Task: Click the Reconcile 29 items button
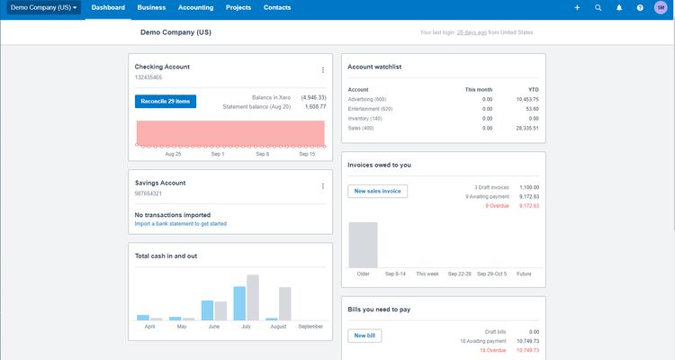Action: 166,102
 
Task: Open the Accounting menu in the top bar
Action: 194,7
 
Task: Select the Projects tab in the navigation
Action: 238,7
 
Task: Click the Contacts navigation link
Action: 277,7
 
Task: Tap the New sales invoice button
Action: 378,191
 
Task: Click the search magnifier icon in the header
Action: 598,7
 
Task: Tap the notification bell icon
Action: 619,7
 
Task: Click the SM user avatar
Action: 661,7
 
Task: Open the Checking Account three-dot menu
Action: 323,69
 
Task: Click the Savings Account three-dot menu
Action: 323,186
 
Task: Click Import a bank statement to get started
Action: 180,223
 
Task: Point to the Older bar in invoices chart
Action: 363,244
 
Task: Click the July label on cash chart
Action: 246,326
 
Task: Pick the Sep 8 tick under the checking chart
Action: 262,154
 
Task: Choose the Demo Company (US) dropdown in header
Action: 43,7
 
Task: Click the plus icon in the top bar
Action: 578,7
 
